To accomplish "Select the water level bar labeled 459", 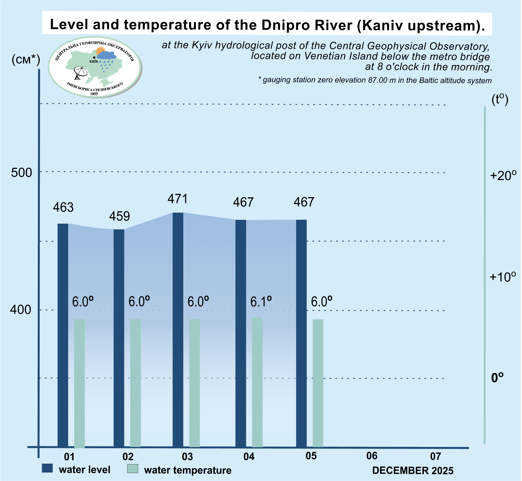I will point(119,338).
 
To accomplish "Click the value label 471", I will point(177,199).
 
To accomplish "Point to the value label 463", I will point(63,207).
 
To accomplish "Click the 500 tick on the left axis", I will point(21,173).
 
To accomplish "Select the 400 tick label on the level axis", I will point(20,310).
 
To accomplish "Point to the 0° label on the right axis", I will point(497,378).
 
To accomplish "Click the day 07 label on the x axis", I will point(435,456).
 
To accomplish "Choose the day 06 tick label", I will point(372,456).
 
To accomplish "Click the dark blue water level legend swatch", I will point(47,468).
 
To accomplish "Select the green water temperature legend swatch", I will point(133,469).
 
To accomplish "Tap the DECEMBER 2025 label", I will point(413,471).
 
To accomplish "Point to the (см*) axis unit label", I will point(26,60).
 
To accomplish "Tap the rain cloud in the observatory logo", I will point(106,56).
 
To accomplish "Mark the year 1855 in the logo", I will point(94,94).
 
